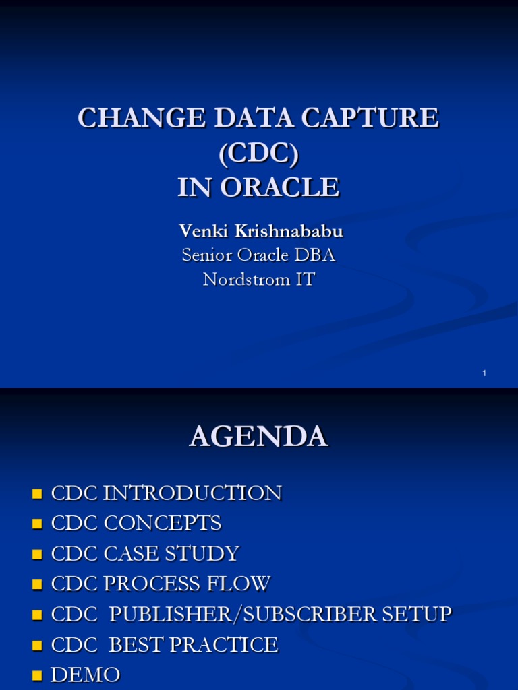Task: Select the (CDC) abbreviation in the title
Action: pyautogui.click(x=258, y=153)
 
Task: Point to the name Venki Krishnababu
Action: pyautogui.click(x=261, y=231)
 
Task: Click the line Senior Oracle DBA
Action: pyautogui.click(x=258, y=255)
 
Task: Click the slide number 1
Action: pyautogui.click(x=484, y=373)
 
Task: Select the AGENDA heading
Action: pyautogui.click(x=258, y=437)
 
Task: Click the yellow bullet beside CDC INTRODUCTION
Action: pyautogui.click(x=38, y=494)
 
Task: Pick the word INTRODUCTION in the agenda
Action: pyautogui.click(x=192, y=493)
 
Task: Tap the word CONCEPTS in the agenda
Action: pyautogui.click(x=162, y=524)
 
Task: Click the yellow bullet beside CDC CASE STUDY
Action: pyautogui.click(x=38, y=555)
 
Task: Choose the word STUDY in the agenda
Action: pyautogui.click(x=205, y=554)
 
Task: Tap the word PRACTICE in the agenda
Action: pyautogui.click(x=223, y=645)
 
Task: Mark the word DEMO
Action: pyautogui.click(x=86, y=675)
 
